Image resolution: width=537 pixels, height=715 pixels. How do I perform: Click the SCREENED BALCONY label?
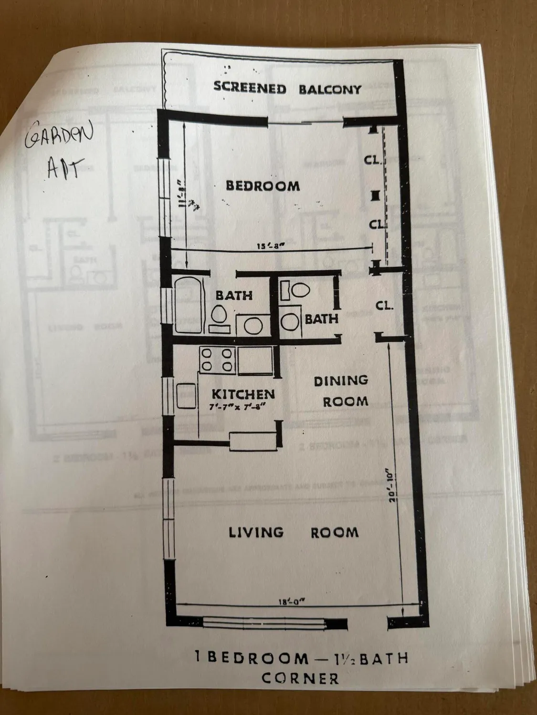pos(287,89)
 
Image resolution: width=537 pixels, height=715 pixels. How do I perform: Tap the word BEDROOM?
pos(263,185)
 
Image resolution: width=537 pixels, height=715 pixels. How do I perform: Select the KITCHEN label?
pos(243,394)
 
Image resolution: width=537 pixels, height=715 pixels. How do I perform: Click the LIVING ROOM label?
pos(293,532)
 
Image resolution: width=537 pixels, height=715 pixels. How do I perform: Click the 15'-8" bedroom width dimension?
pos(270,246)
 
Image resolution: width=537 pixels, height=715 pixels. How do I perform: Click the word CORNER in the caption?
pos(300,678)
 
